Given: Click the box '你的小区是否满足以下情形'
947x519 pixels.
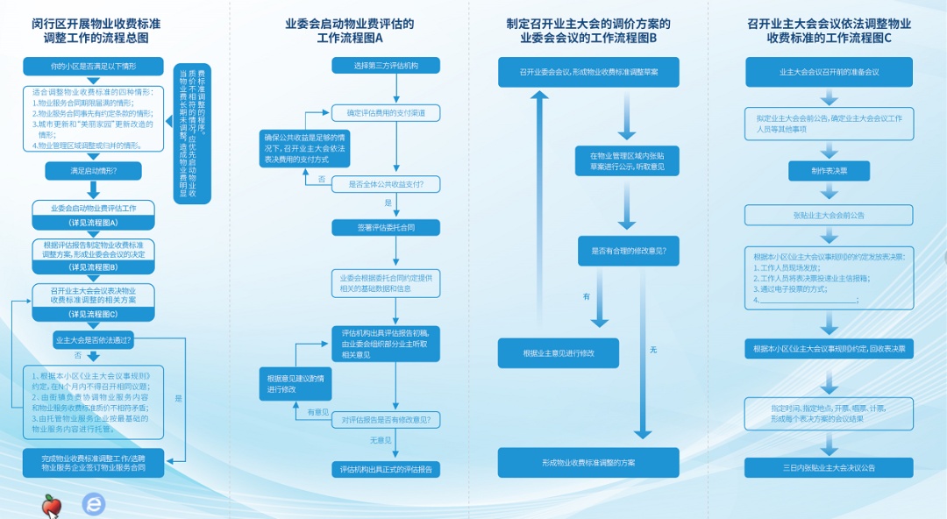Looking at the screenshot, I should click(93, 67).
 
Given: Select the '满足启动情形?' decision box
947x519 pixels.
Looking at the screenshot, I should click(93, 171).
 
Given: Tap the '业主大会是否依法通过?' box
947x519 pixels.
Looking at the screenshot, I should click(93, 339).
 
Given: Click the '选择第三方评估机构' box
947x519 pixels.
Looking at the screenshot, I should click(386, 66).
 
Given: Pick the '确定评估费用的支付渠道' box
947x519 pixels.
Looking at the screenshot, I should click(386, 113).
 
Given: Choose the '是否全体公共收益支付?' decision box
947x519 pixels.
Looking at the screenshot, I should click(386, 184).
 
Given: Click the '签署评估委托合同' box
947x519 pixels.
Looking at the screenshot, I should click(386, 228).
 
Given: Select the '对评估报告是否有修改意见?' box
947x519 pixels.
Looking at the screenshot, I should click(386, 420).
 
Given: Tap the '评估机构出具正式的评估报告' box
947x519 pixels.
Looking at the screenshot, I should click(386, 470).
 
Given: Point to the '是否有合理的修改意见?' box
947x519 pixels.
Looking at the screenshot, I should click(628, 251).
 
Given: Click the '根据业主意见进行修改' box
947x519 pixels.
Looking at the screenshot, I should click(559, 353).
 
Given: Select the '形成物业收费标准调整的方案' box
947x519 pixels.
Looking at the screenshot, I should click(588, 462).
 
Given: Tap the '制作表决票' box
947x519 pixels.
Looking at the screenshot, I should click(829, 171).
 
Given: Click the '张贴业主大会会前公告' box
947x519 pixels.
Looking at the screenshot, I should click(829, 215).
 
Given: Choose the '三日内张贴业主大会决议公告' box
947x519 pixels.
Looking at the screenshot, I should click(829, 468).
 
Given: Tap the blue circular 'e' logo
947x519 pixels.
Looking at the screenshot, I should click(93, 504).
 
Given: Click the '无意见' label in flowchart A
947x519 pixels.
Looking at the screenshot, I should click(380, 441).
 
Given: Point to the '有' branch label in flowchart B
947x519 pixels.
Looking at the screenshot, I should click(587, 296).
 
